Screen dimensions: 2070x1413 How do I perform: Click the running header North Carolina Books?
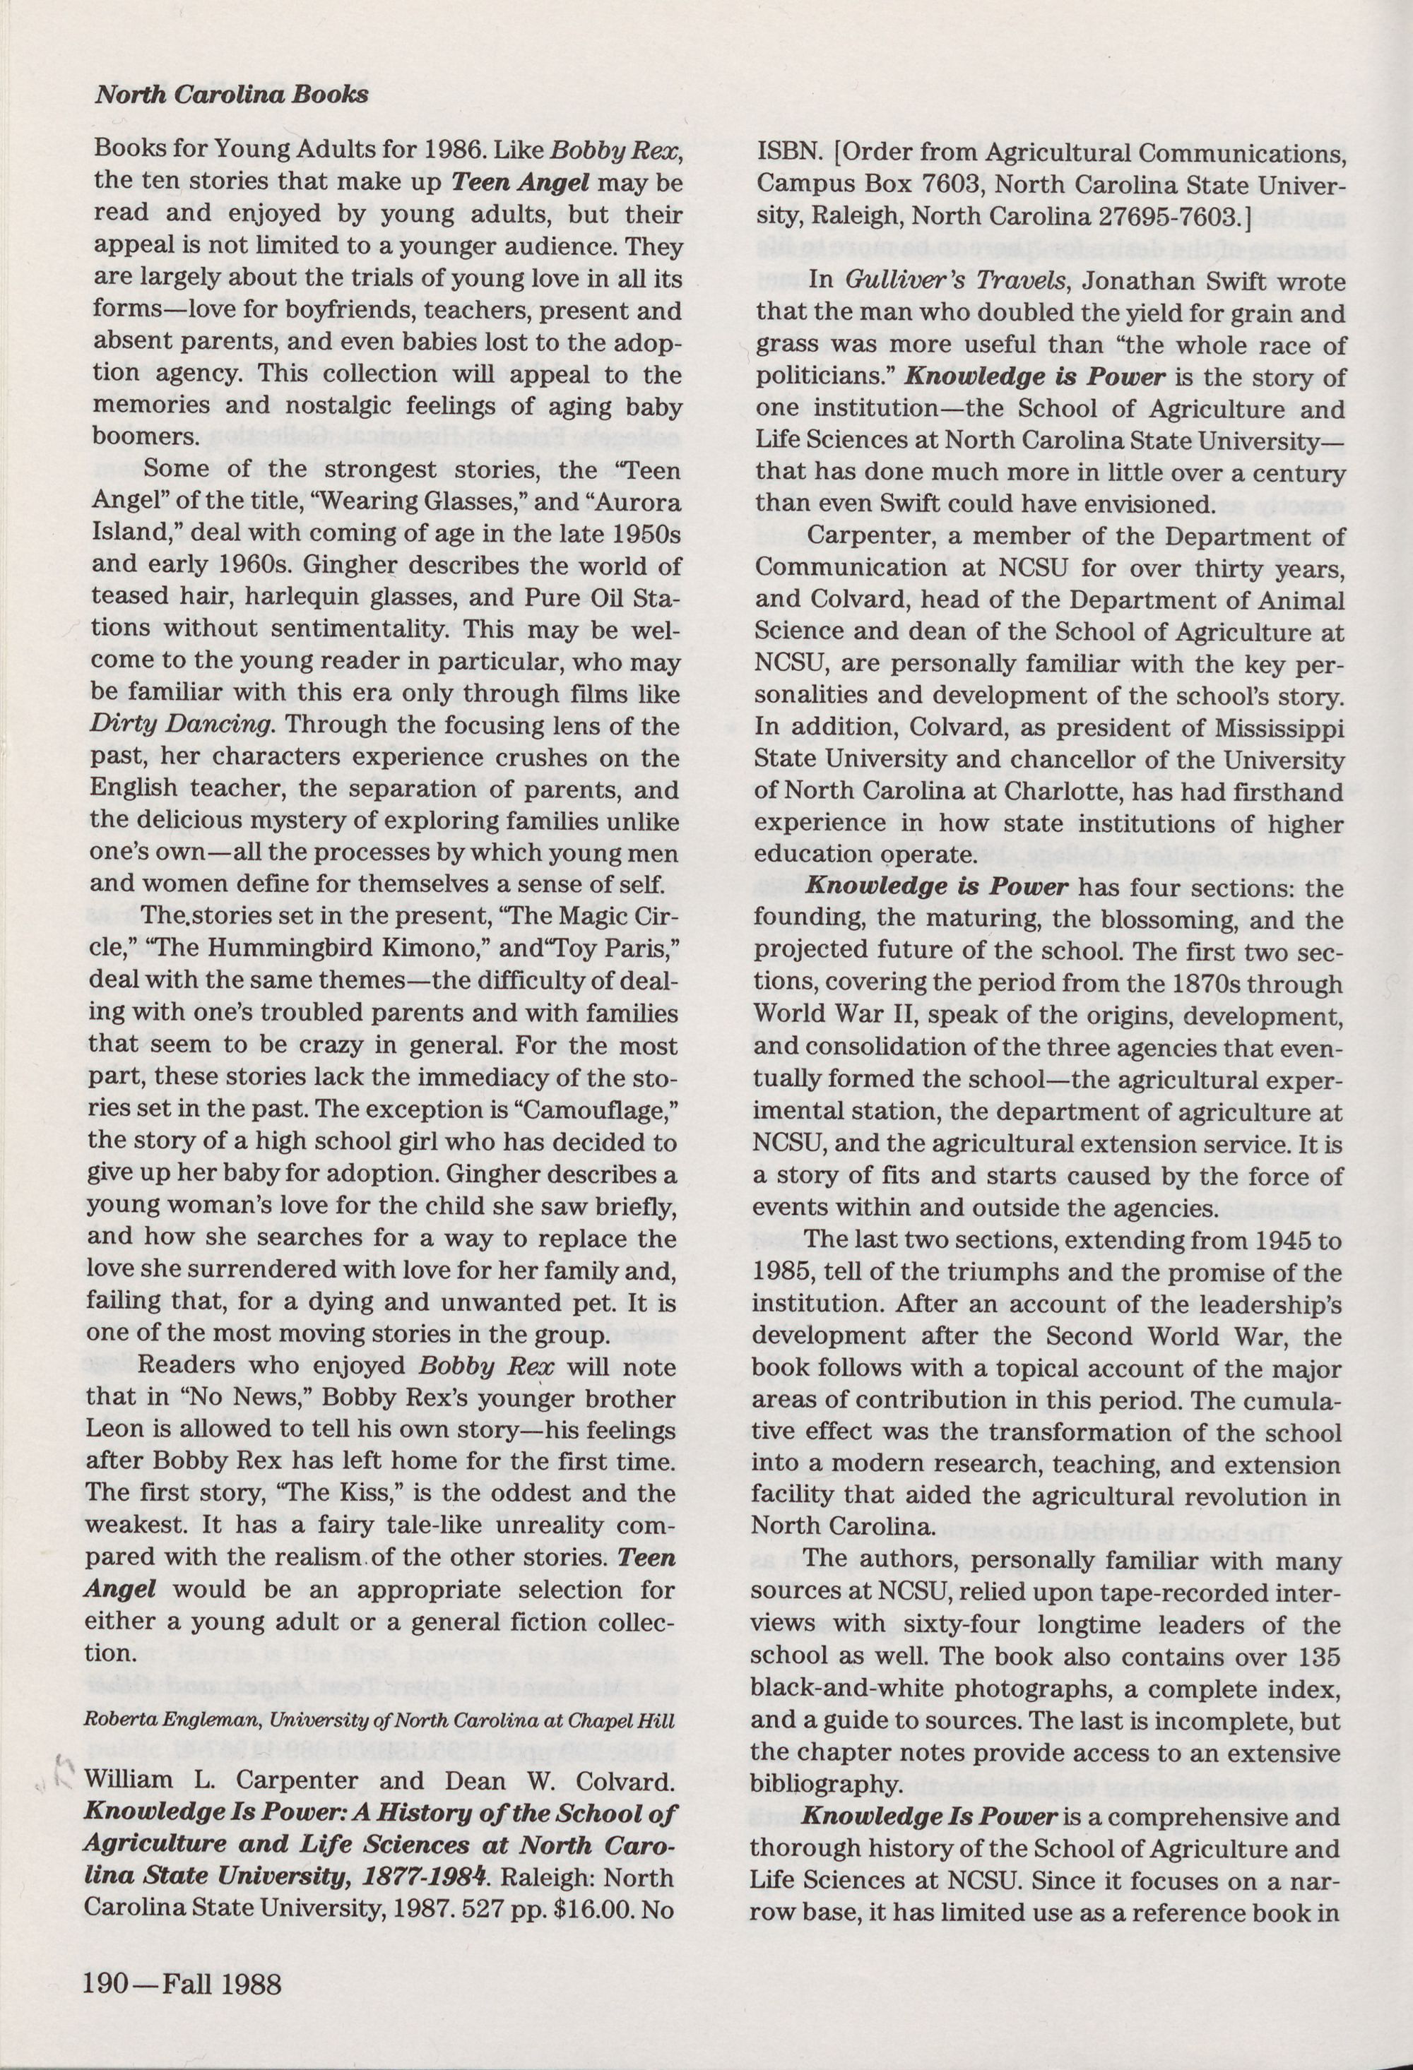pos(232,95)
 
